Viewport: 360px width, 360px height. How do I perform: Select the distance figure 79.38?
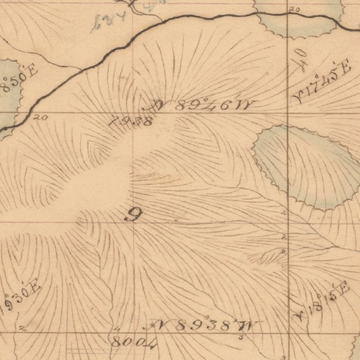[x=129, y=122]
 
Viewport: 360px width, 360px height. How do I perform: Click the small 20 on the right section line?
[x=294, y=9]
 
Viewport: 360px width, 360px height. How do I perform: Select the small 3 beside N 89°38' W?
[x=240, y=337]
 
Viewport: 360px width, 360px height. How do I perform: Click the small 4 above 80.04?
[x=117, y=330]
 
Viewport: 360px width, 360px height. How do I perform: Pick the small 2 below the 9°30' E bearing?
[x=22, y=329]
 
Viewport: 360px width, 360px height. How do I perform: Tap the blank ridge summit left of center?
[x=98, y=183]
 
